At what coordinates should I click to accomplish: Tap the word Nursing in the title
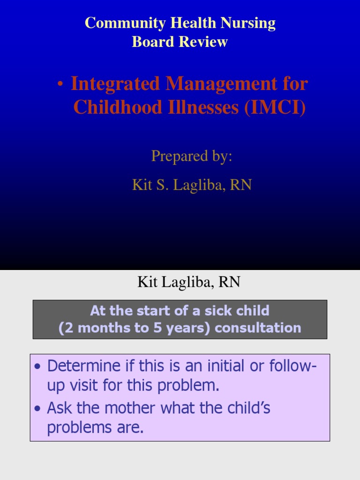coord(248,23)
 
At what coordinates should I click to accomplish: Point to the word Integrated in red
coord(115,83)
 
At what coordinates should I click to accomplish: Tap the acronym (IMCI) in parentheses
coord(275,107)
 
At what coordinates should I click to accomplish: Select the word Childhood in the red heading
coord(118,107)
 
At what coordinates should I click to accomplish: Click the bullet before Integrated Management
coord(60,84)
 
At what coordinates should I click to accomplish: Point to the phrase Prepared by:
coord(192,156)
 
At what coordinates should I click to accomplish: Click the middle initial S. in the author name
coord(162,185)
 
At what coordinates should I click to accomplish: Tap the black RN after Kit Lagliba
coord(229,282)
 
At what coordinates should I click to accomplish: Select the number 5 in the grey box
coord(157,328)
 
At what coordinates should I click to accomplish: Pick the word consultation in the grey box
coord(258,328)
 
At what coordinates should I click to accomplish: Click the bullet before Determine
coord(37,367)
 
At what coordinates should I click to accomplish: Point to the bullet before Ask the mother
coord(37,408)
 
